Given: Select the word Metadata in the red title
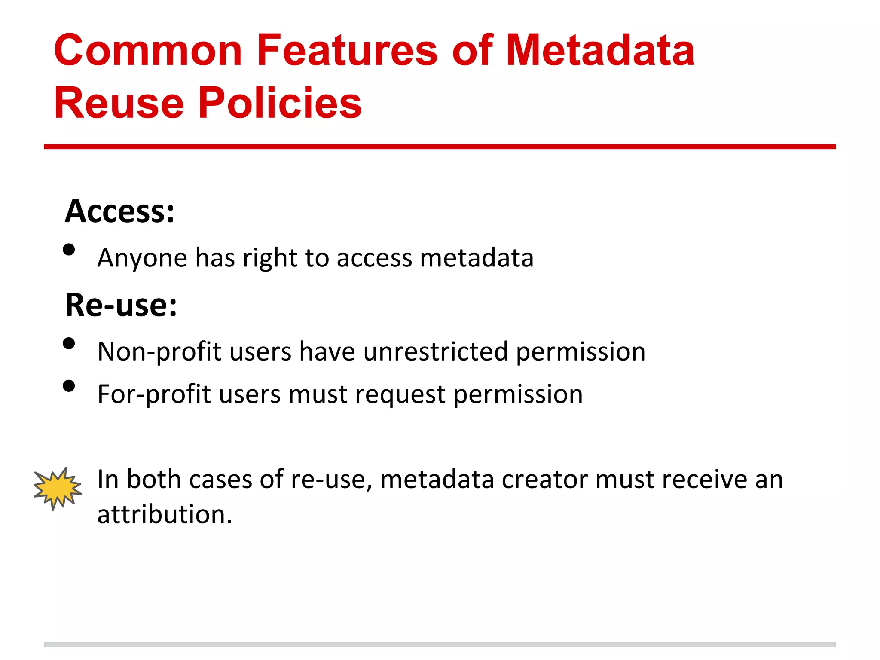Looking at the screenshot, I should [x=600, y=51].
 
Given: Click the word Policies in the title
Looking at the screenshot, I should [x=280, y=103].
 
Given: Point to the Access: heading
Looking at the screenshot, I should [x=120, y=211].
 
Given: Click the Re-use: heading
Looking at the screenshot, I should [x=121, y=305].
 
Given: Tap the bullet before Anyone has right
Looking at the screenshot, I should [x=69, y=250].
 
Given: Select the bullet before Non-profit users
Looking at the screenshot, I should [x=69, y=343].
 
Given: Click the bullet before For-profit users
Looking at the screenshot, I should [x=69, y=386].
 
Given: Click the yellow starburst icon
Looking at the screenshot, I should [x=58, y=489].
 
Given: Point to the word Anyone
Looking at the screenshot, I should [x=142, y=258].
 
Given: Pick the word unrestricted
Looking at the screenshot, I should [x=436, y=351].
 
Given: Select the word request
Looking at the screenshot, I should [x=400, y=394].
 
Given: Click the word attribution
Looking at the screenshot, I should [x=165, y=514].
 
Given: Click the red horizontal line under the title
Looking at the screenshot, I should [x=440, y=147].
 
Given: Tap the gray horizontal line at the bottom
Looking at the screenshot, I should [x=440, y=644].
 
